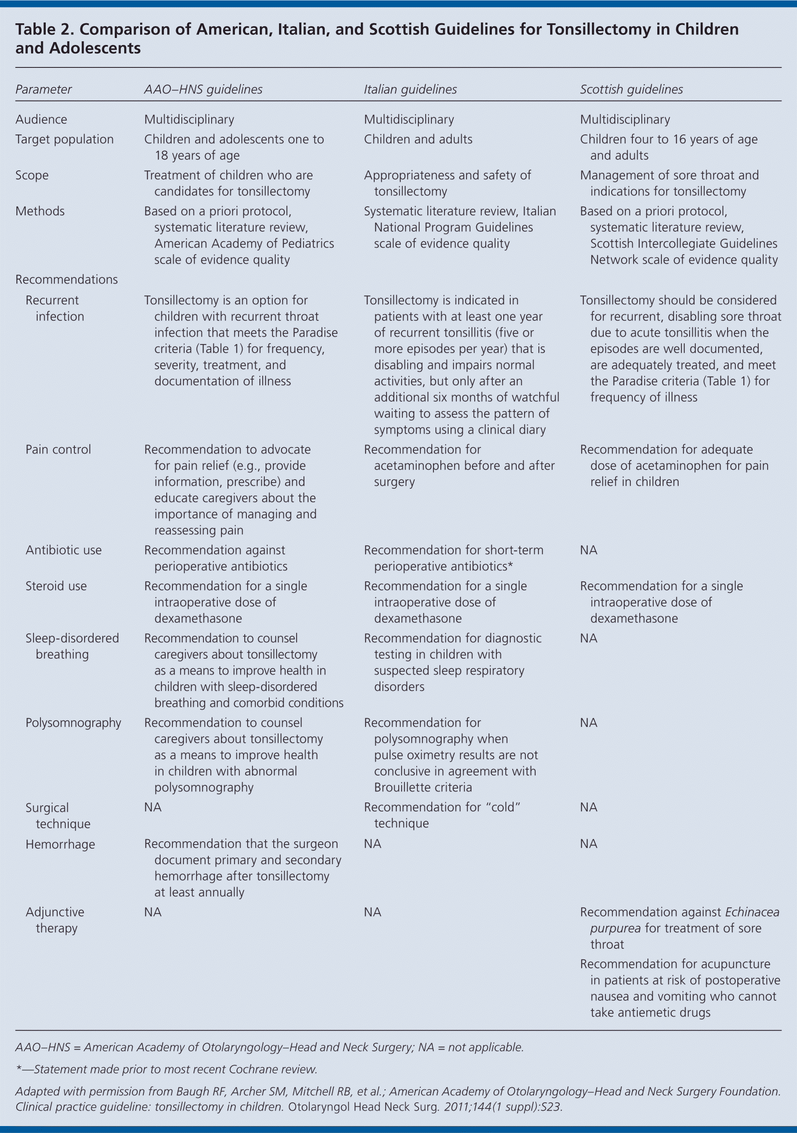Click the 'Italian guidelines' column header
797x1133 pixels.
coord(410,89)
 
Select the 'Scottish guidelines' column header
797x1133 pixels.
coord(631,89)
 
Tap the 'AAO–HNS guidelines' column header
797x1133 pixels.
coord(203,89)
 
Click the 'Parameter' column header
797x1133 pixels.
coord(43,89)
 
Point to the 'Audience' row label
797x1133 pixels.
coord(41,119)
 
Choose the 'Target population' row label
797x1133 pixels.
coord(64,139)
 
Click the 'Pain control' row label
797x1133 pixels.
coord(58,449)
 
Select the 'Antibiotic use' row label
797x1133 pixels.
coord(63,550)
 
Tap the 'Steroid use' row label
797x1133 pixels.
coord(56,586)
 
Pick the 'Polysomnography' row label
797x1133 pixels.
coord(73,723)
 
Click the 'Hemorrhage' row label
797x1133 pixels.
coord(60,844)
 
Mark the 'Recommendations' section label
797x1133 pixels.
coord(67,279)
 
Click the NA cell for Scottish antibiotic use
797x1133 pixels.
coord(588,550)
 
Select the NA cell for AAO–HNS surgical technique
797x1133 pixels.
coord(152,807)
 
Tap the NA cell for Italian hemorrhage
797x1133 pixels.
coord(372,844)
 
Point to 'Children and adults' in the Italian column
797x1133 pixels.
coord(418,139)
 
